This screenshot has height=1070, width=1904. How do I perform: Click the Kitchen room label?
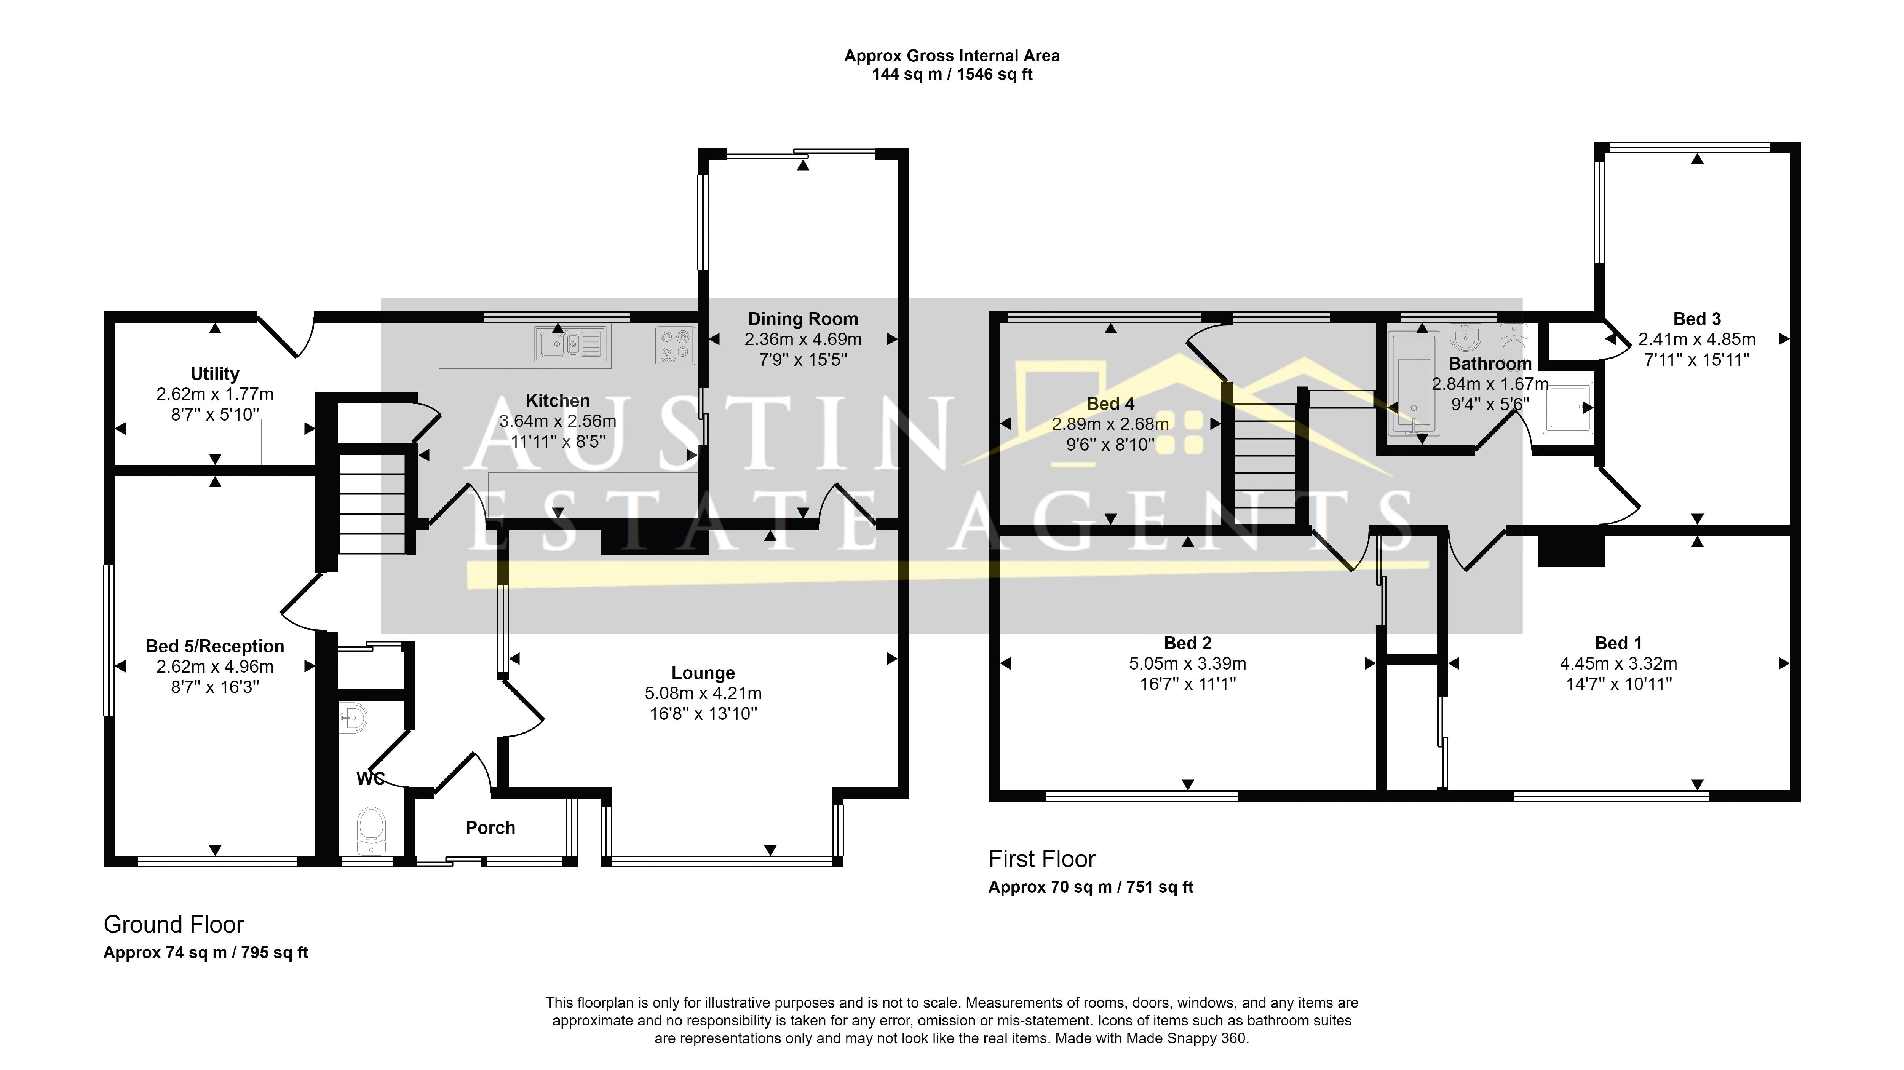click(557, 400)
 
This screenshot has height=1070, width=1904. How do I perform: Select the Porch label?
click(490, 828)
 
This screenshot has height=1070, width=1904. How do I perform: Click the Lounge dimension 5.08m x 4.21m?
click(703, 693)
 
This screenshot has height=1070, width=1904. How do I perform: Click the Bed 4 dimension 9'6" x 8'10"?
click(1110, 444)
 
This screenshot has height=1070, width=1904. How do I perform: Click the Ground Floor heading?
click(174, 925)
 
